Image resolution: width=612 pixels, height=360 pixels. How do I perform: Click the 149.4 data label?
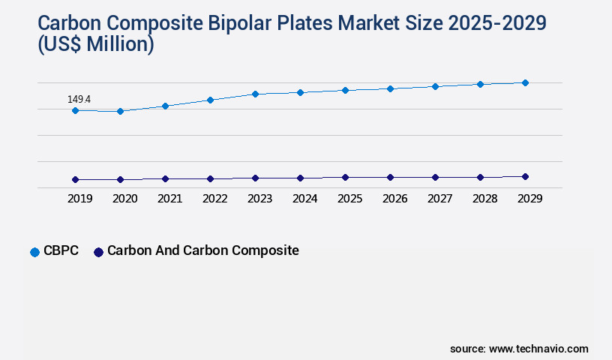79,99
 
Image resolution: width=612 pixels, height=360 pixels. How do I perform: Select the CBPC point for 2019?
75,110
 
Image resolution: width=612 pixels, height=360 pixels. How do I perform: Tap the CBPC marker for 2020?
120,111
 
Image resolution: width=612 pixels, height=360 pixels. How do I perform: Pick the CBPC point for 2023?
255,94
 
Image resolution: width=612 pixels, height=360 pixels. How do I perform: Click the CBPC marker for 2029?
525,82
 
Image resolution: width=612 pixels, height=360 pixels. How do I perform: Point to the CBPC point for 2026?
390,88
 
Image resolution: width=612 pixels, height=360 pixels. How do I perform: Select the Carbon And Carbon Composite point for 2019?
75,179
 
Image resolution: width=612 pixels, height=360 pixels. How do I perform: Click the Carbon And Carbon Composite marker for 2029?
525,176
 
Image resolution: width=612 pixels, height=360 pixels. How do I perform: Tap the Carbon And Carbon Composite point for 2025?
345,177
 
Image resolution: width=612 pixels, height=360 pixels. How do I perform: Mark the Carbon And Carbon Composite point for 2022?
210,178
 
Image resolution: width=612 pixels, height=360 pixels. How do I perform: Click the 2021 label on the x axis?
169,199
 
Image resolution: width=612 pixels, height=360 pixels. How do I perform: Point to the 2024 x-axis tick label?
304,199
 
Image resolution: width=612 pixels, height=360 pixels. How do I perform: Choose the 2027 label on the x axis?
439,199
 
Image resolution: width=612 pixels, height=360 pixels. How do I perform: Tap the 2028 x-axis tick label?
484,199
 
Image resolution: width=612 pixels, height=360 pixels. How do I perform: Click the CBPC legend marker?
34,252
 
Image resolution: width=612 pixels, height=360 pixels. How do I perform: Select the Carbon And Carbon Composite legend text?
202,250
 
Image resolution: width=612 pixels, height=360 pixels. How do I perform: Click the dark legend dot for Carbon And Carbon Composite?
97,252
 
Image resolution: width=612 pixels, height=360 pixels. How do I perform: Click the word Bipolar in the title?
281,22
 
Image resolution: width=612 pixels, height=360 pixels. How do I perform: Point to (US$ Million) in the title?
95,45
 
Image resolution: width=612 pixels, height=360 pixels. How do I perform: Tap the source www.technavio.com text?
519,349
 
